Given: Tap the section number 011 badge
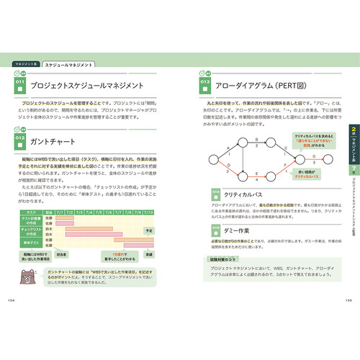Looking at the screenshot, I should (22, 85).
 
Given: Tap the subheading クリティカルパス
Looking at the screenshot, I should (246, 194).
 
